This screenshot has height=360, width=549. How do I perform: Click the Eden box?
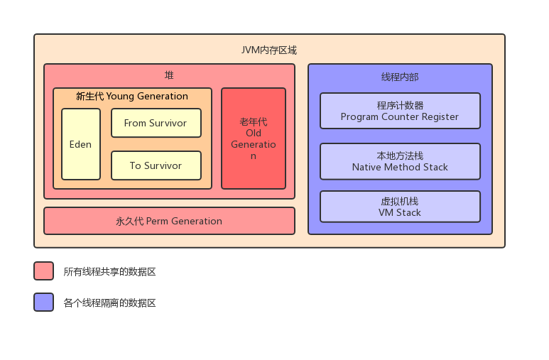click(80, 144)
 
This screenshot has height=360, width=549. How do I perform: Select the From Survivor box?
click(156, 123)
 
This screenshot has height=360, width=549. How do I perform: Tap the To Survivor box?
click(156, 165)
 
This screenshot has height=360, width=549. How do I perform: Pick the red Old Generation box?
click(254, 138)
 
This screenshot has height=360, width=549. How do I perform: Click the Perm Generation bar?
click(169, 221)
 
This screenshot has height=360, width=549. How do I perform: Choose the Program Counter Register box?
click(400, 111)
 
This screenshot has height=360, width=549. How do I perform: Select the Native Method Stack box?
click(400, 161)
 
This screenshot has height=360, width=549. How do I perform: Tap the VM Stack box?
click(400, 207)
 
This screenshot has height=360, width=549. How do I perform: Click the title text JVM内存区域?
click(269, 50)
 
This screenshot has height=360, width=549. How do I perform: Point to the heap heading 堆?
click(169, 75)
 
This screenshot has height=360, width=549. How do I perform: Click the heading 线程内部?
click(400, 77)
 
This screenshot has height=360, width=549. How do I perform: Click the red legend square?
click(43, 271)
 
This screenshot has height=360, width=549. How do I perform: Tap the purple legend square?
click(43, 302)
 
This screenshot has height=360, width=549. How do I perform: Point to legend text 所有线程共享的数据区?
click(109, 272)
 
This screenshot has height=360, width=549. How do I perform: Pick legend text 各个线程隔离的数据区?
click(109, 303)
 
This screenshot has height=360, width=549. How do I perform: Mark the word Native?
click(367, 167)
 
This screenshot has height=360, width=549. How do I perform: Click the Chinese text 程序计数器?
click(400, 106)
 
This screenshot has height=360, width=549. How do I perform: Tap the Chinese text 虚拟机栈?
click(400, 202)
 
